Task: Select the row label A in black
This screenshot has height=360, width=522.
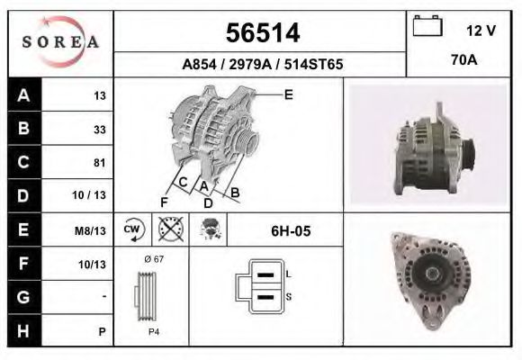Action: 23,96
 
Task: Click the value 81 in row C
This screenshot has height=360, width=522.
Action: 99,163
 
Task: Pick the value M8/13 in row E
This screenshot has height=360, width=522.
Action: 92,231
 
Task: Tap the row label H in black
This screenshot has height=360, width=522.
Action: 23,330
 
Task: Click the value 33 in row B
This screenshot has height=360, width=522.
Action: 99,130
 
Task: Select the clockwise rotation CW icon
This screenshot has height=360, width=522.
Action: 132,230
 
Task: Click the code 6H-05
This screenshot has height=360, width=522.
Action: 291,231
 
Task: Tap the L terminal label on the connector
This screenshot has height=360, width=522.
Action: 288,273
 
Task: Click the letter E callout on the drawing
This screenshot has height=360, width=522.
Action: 288,94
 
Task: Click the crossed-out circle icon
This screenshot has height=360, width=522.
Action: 167,230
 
